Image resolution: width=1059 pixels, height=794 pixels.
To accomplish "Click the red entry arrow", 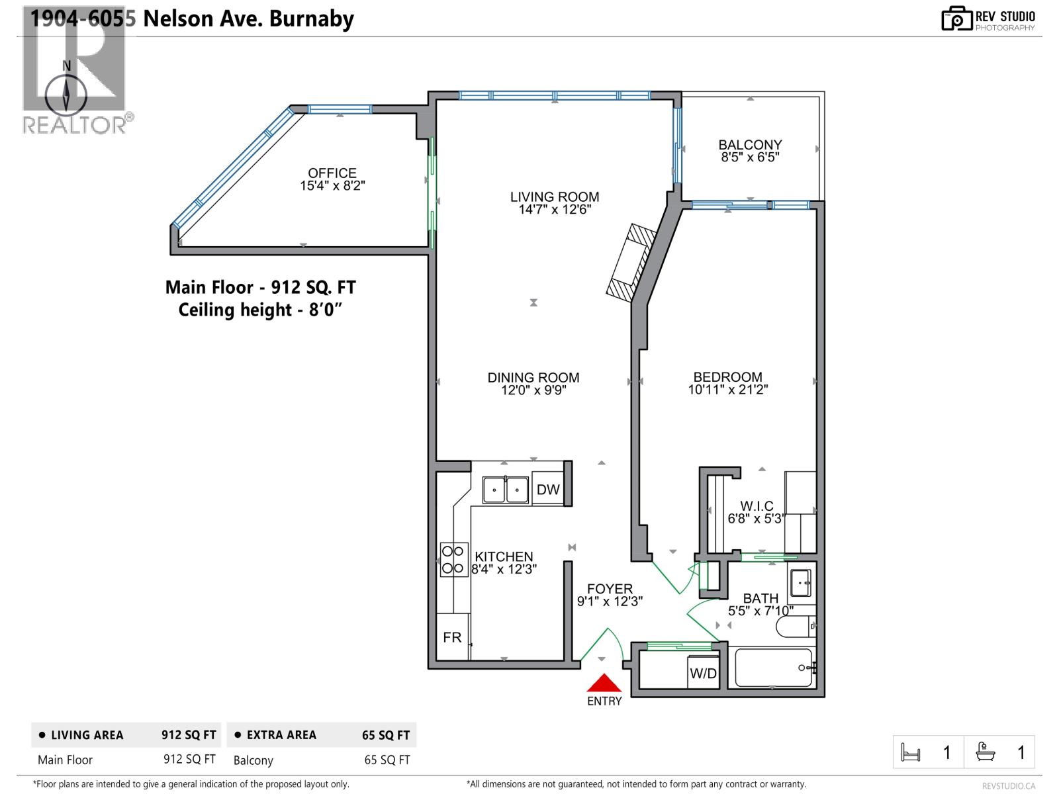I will click(604, 684).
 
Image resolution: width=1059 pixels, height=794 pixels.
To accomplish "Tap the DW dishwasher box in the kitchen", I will click(548, 490).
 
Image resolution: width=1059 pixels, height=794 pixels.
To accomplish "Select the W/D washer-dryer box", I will click(703, 673).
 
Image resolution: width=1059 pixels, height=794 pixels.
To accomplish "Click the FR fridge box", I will click(453, 637).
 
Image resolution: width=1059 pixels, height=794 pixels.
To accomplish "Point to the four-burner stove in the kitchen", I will click(454, 559).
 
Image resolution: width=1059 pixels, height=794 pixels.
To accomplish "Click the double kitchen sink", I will click(506, 490).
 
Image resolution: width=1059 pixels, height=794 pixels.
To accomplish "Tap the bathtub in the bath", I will click(773, 668).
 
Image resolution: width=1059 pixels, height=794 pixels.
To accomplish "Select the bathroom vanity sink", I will click(802, 583).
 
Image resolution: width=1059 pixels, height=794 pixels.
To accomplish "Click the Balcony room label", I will click(750, 144).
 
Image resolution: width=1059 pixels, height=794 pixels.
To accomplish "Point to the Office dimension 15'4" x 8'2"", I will click(332, 186).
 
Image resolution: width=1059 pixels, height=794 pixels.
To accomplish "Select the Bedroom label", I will click(727, 376).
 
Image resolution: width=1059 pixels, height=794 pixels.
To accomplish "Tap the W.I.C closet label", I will click(757, 506).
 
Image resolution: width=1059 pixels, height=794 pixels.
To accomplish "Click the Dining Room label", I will click(533, 378).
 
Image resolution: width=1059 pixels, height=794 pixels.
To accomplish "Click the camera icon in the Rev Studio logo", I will click(957, 19).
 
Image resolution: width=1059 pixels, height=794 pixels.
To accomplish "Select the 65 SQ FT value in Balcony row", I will click(387, 760).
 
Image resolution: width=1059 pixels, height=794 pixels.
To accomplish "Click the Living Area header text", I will click(87, 735).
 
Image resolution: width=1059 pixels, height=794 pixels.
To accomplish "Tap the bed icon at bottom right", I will click(911, 752).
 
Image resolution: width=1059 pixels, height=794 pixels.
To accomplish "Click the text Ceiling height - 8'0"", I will click(260, 310).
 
